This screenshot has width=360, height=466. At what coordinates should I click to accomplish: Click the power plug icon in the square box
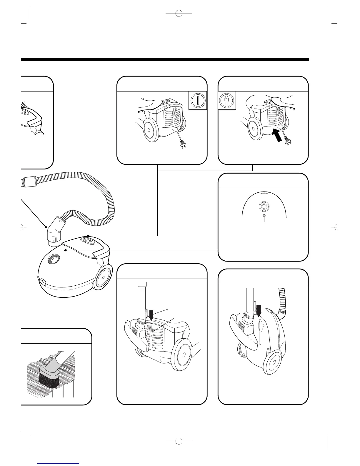click(227, 101)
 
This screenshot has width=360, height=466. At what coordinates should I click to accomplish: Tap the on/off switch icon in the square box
click(198, 101)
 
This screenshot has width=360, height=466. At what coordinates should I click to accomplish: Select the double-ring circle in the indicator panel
click(263, 207)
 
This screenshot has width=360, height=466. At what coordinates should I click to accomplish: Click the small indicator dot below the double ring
click(264, 216)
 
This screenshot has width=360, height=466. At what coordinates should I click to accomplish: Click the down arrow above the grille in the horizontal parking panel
click(151, 316)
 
